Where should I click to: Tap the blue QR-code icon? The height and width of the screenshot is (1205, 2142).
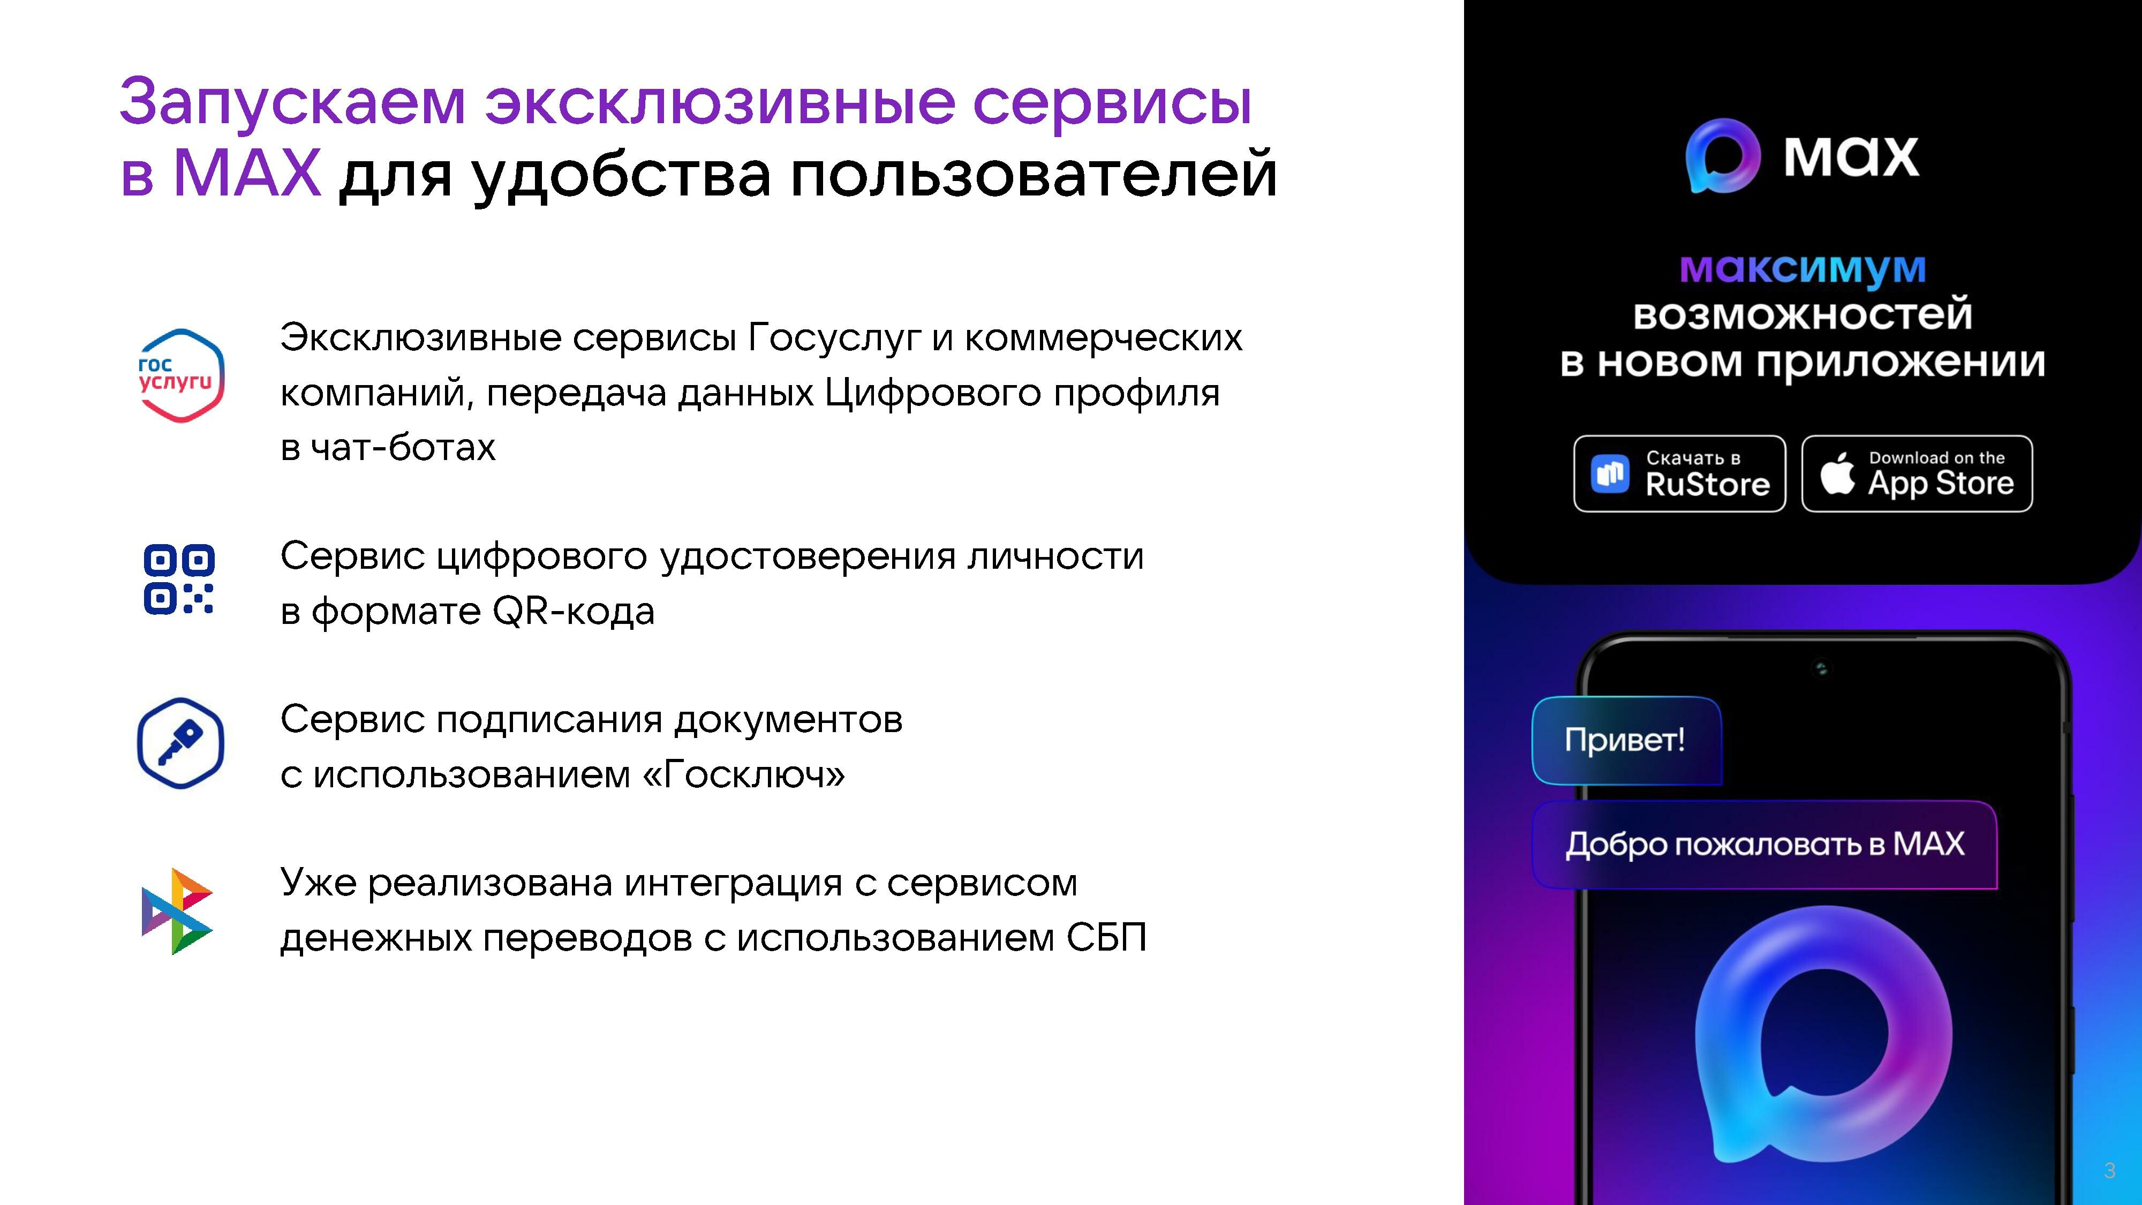pos(179,579)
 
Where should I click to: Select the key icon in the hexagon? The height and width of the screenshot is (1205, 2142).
pos(180,743)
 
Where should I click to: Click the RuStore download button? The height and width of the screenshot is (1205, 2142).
pos(1680,473)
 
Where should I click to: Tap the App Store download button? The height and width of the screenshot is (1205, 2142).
pos(1917,473)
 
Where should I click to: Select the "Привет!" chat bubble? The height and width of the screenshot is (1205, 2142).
pos(1626,740)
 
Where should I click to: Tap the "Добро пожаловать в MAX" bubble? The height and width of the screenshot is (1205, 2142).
pos(1764,844)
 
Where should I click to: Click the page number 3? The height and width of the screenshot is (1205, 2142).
pos(2109,1171)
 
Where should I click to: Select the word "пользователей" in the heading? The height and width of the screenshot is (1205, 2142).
pos(1033,175)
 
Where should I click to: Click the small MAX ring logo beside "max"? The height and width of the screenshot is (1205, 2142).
pos(1723,155)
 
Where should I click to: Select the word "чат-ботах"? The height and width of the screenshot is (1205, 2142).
pos(403,447)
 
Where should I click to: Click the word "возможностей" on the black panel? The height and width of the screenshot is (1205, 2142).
pos(1802,314)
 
